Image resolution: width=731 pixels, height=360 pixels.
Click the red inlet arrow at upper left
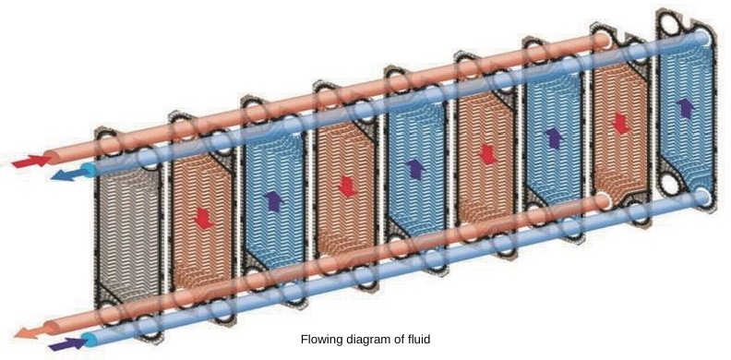coord(28,162)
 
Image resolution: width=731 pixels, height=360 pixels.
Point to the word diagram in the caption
coord(368,340)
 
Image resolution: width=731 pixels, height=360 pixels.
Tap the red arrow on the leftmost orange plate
coord(203,218)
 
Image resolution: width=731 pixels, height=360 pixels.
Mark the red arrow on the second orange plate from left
coord(346,186)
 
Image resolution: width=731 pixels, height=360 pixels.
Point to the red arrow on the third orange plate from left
coord(485,154)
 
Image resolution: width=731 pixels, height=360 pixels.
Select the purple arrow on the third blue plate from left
coord(553,138)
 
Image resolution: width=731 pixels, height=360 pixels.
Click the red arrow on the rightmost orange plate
coord(621,123)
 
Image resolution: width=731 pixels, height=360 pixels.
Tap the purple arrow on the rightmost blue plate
coord(685,107)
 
